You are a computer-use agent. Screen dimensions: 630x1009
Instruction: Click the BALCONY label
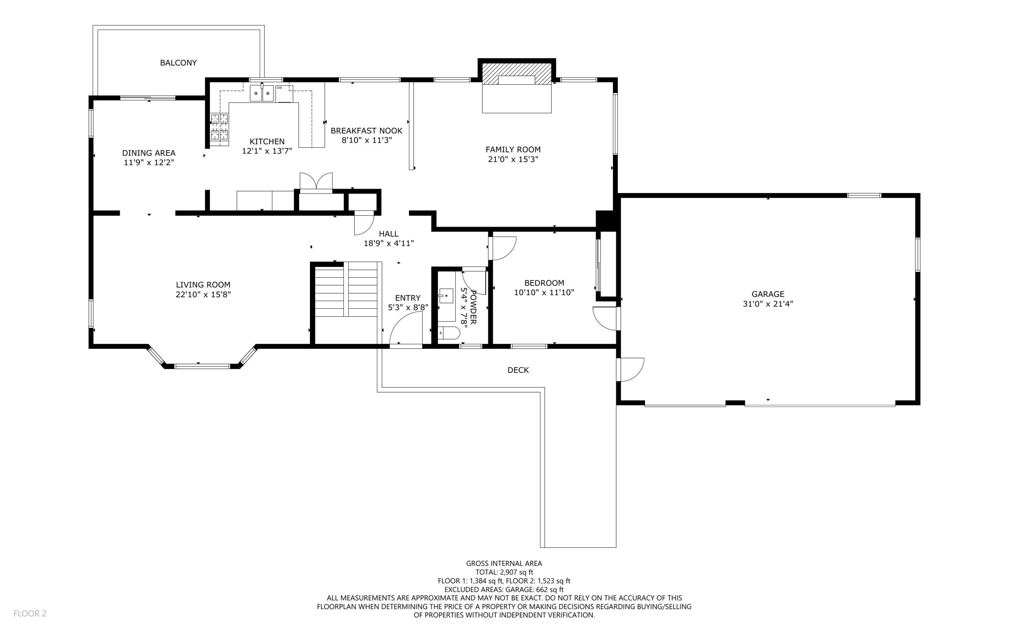pos(178,63)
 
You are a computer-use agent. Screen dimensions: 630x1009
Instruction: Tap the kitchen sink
pos(262,93)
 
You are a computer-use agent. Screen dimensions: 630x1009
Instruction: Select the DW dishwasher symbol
pos(284,93)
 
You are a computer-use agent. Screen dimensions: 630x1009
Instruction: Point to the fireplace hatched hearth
pos(516,73)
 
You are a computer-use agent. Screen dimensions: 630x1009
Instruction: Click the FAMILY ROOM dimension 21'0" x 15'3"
pos(513,159)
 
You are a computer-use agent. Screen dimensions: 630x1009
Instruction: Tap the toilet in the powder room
pos(448,333)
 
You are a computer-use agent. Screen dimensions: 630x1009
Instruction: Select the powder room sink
pos(446,296)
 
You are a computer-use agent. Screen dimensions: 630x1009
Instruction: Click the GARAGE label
pos(768,294)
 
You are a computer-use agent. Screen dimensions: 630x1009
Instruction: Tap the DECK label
pos(518,370)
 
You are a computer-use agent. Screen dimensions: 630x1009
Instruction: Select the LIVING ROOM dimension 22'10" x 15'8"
pos(203,295)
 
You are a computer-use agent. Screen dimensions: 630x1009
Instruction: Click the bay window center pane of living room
pos(202,366)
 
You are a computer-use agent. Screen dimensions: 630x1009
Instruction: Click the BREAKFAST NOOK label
pos(366,131)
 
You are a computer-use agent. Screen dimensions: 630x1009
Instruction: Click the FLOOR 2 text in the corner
pos(30,613)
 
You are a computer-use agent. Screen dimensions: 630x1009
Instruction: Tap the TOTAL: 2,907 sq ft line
pos(504,572)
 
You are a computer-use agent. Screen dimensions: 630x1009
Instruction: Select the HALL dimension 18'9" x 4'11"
pos(389,243)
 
